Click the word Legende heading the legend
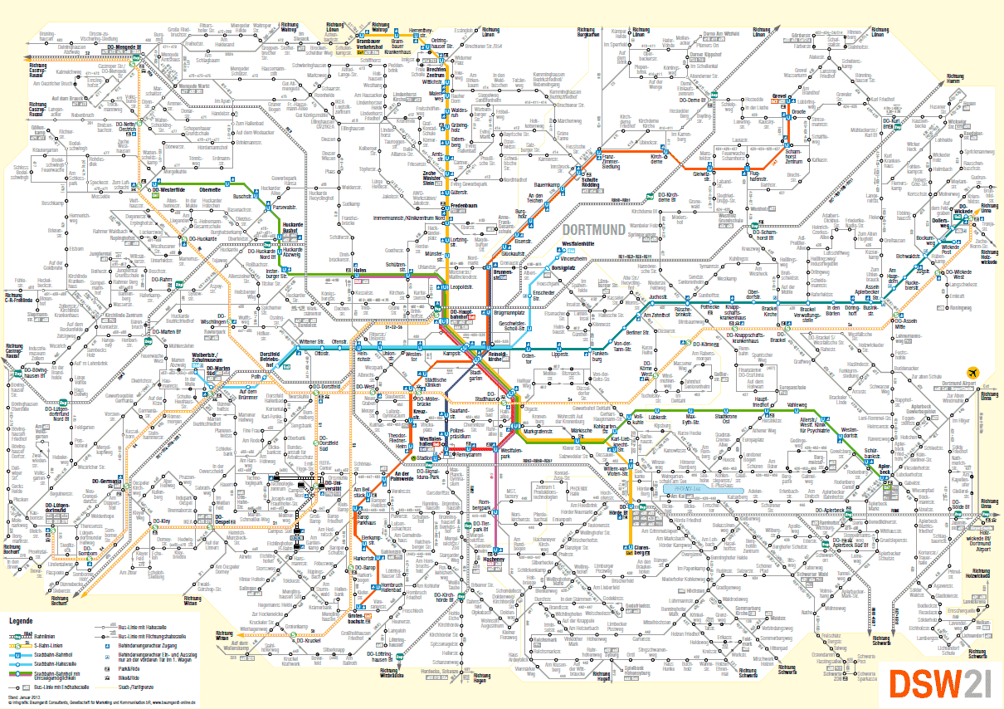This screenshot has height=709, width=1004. click(21, 620)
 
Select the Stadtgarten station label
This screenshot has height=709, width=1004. click(476, 375)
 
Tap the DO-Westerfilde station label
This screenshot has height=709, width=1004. click(178, 188)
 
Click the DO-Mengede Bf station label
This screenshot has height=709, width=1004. click(121, 49)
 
